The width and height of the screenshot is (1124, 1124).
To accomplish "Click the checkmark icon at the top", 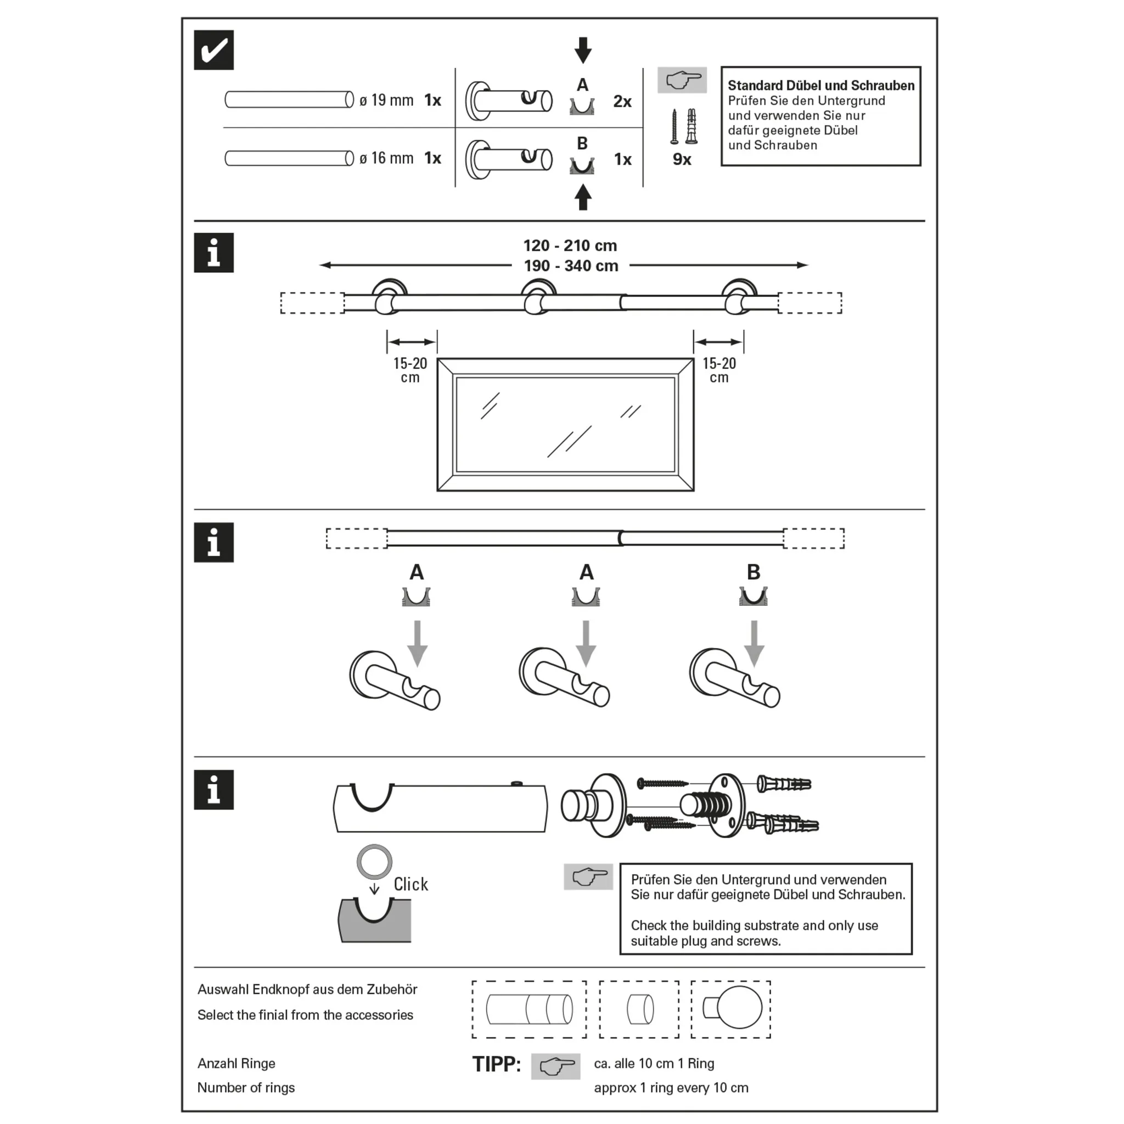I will coord(213,50).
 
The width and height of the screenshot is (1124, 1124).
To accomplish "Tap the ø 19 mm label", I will coord(386,100).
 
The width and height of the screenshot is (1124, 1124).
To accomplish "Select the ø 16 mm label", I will coord(386,158).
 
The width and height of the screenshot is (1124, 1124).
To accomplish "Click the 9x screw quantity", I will coord(681,159).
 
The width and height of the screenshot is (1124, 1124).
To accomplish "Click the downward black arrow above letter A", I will coord(582,50).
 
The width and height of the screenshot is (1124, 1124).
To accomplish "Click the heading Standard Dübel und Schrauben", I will coord(820,86).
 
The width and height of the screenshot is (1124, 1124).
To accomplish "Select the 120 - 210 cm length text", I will coord(570,245).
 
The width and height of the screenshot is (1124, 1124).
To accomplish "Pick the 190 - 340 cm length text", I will coord(571,266).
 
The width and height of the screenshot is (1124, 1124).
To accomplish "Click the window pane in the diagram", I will coord(565,424).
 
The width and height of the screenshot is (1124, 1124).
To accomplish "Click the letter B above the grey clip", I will coord(753,572).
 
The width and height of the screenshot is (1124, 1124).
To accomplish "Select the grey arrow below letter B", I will coord(754,642).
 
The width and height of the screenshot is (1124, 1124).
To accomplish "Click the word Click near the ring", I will coord(411,884).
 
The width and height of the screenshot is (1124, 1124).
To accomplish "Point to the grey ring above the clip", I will coord(374,861).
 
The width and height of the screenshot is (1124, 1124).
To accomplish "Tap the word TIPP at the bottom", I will coord(496,1064).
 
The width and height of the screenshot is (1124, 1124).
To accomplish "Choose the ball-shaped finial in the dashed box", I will coord(738,1009).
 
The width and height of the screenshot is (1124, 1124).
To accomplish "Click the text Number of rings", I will coord(245,1087).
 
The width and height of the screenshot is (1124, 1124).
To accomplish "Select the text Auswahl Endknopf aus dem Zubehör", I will coord(307,989).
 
